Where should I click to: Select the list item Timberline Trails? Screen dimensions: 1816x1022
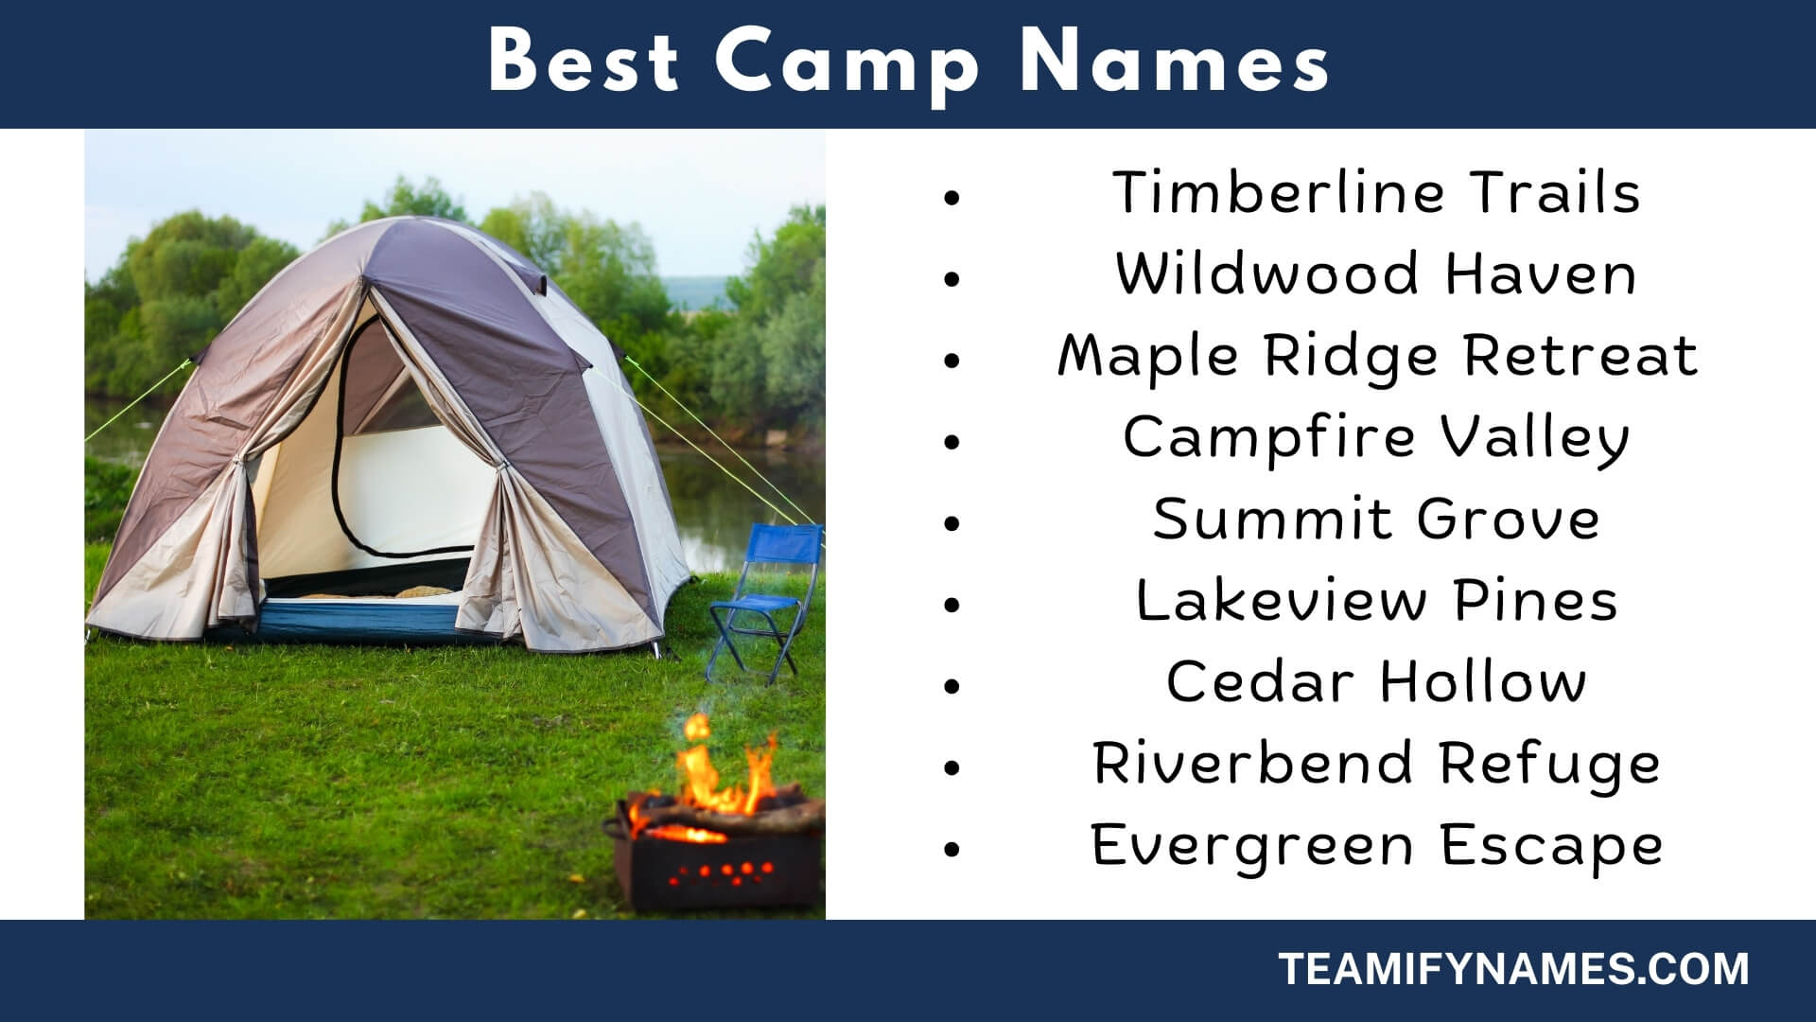coord(1376,192)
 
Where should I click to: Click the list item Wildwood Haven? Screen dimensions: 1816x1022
coord(1376,273)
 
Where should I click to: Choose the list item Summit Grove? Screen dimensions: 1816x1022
coord(1376,519)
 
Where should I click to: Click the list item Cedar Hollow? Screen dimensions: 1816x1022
coord(1376,681)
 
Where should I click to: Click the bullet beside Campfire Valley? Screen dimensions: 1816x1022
coord(952,442)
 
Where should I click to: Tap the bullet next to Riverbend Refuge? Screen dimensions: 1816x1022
coord(952,767)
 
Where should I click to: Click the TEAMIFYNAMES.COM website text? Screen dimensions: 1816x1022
coord(1514,969)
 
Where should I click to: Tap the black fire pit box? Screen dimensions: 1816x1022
coord(714,856)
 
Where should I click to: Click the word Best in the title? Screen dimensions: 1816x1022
coord(584,62)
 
